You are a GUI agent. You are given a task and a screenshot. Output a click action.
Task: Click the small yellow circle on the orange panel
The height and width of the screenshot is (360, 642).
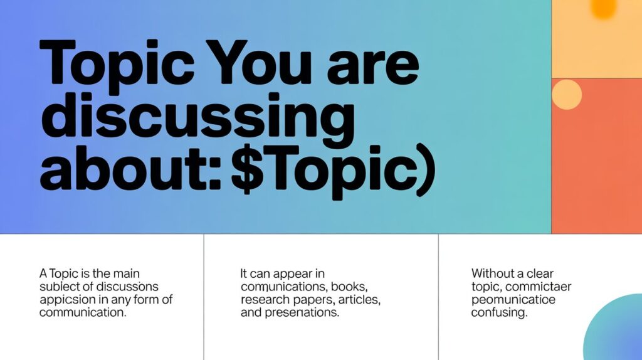click(x=566, y=95)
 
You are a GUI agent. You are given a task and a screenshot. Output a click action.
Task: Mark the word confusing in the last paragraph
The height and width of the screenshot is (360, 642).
click(x=499, y=312)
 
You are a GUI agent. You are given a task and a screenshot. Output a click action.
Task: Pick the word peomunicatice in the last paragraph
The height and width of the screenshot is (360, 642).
click(x=513, y=300)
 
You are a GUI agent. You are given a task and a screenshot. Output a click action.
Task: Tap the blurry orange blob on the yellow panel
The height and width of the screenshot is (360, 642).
click(x=604, y=8)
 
